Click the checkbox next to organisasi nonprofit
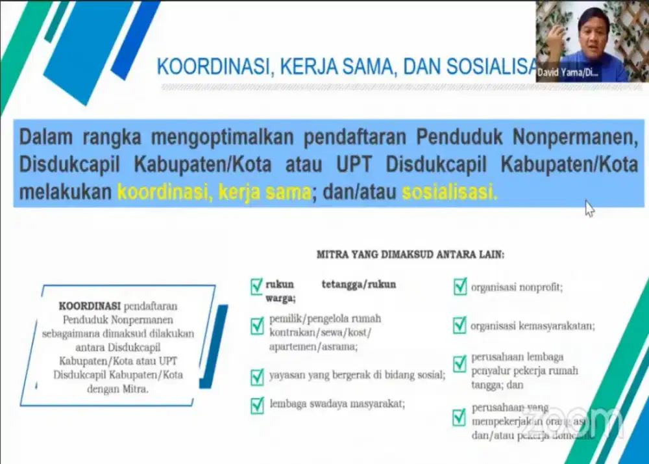(460, 287)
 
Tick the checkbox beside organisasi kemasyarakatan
(460, 326)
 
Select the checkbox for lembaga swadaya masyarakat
(257, 404)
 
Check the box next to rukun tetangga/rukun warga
(257, 286)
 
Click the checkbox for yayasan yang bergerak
(257, 376)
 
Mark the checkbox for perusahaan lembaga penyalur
(460, 363)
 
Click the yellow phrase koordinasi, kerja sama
(214, 192)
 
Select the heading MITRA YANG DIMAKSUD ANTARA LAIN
(410, 255)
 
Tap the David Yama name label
(567, 73)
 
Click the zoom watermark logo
(571, 419)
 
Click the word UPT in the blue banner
(354, 165)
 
